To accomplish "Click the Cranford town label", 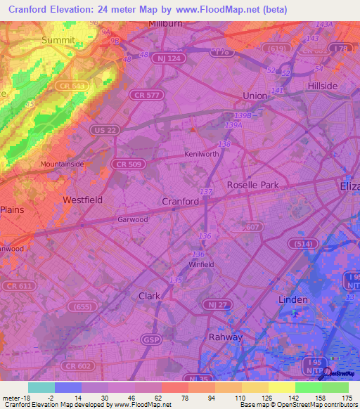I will click(x=181, y=201).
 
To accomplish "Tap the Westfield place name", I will click(x=82, y=200).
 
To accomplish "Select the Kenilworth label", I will click(x=201, y=154).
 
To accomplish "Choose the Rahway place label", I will click(x=226, y=337).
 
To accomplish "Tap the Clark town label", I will click(x=150, y=296).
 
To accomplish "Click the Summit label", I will click(x=58, y=40).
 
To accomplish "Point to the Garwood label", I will click(x=132, y=219).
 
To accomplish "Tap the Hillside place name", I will click(x=323, y=86).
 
